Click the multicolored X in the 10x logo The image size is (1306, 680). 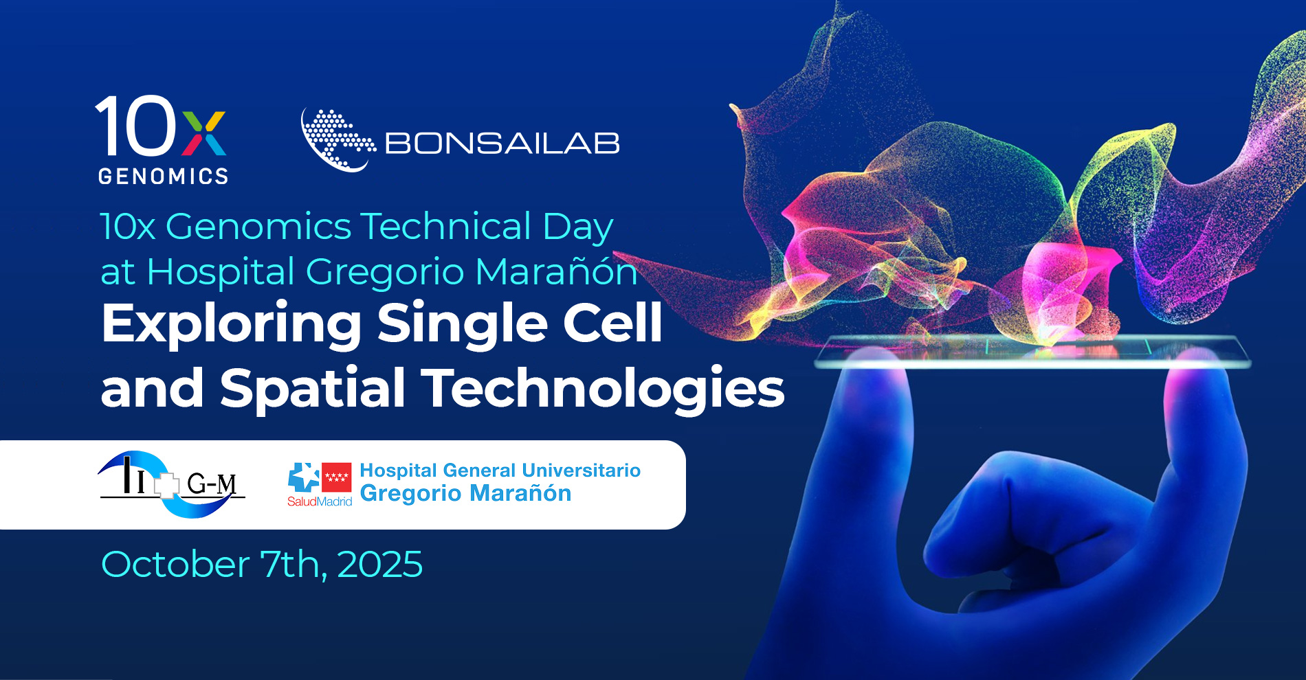(x=204, y=133)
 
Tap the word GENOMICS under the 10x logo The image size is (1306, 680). (x=164, y=177)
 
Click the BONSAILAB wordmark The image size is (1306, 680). (x=502, y=144)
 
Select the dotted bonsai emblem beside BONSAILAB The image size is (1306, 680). (x=337, y=140)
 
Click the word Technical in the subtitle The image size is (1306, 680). (x=446, y=226)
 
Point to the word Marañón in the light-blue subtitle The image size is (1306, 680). (x=556, y=271)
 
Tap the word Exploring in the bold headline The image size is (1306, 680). (x=232, y=324)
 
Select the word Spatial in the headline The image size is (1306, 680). (x=313, y=388)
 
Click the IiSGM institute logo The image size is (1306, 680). (x=172, y=484)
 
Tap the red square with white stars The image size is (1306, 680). (x=337, y=477)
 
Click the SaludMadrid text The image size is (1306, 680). (x=320, y=501)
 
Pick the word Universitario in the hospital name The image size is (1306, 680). (x=581, y=471)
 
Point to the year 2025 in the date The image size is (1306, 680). (x=379, y=565)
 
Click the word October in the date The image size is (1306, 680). (x=175, y=565)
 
